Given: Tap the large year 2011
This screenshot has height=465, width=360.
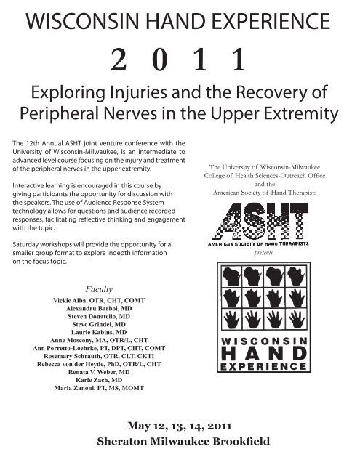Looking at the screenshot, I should pyautogui.click(x=180, y=62).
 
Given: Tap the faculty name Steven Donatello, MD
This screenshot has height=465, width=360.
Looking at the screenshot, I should pyautogui.click(x=99, y=318).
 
